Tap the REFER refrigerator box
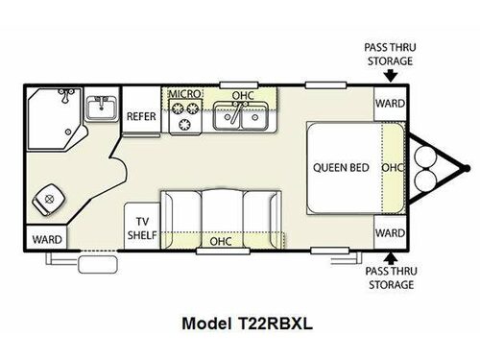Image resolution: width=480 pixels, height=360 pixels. point(141,116)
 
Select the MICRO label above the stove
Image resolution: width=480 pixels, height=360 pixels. point(183,94)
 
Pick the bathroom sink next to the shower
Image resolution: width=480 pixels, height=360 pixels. point(100,107)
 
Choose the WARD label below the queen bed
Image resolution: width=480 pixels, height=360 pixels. point(389,232)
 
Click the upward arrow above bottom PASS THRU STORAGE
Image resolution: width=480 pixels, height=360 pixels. point(390,257)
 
